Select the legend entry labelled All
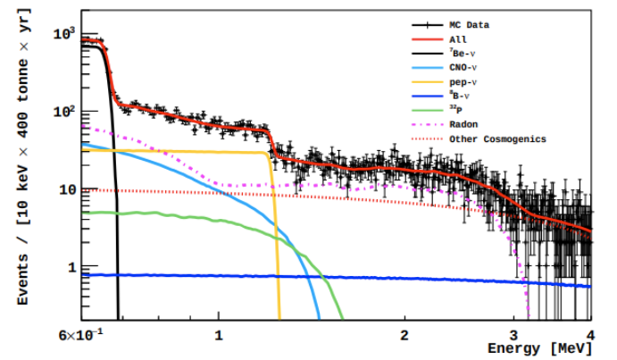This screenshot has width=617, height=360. tap(457, 39)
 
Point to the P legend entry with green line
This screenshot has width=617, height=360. tap(457, 111)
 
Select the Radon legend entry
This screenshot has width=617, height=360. tap(463, 125)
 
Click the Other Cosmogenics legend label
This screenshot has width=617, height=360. tap(496, 139)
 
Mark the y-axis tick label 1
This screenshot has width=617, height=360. tap(71, 268)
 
